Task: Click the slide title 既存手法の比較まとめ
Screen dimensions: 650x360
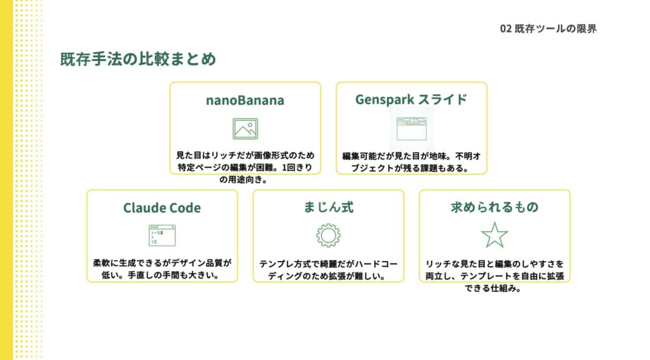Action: tap(138, 59)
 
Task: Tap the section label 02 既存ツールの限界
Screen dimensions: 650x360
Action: tap(548, 29)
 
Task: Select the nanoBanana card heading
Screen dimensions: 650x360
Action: tap(245, 100)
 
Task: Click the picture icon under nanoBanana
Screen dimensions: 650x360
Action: tap(245, 128)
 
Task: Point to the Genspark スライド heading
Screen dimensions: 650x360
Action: tap(411, 100)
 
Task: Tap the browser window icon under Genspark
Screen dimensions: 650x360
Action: tap(411, 128)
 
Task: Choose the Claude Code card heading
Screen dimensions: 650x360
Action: tap(162, 208)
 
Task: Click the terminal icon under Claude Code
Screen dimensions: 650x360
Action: tap(162, 236)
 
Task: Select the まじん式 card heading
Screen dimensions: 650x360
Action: tap(328, 207)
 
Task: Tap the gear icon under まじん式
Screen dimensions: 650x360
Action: tap(328, 236)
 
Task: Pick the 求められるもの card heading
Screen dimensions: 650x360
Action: tap(494, 207)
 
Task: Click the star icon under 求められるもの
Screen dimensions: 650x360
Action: tap(494, 235)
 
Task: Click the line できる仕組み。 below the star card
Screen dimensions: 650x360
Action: tap(493, 288)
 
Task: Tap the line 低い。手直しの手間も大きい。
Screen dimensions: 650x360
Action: tap(161, 275)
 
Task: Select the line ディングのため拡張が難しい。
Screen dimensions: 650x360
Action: tap(327, 276)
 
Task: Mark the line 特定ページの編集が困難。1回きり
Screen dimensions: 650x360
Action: tap(245, 168)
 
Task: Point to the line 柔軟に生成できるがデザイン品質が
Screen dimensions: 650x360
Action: tap(162, 263)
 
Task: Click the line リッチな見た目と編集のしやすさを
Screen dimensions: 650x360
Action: tap(494, 263)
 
